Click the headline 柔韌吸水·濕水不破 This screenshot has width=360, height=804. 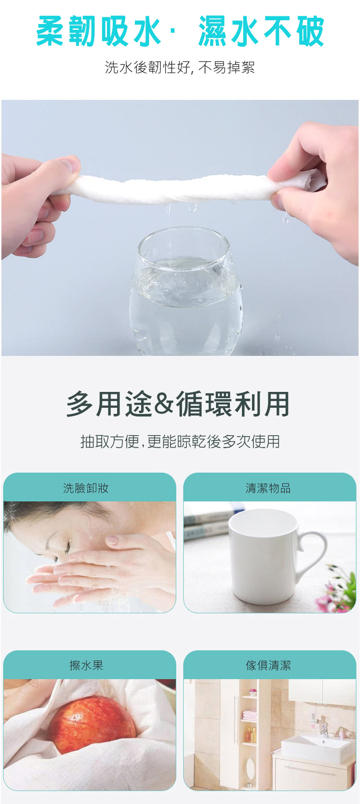(x=180, y=31)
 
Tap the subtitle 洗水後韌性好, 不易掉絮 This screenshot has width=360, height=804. (x=180, y=67)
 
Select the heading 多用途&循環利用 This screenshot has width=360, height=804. (x=178, y=404)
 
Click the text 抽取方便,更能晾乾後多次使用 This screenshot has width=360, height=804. (x=180, y=441)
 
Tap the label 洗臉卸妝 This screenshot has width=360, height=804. (x=86, y=488)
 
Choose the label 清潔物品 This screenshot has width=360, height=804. (x=268, y=488)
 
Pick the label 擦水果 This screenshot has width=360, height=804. (x=86, y=666)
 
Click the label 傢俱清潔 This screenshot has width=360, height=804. (x=268, y=666)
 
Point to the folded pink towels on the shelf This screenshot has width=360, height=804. (x=249, y=714)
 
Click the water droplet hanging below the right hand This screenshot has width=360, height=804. (x=286, y=219)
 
